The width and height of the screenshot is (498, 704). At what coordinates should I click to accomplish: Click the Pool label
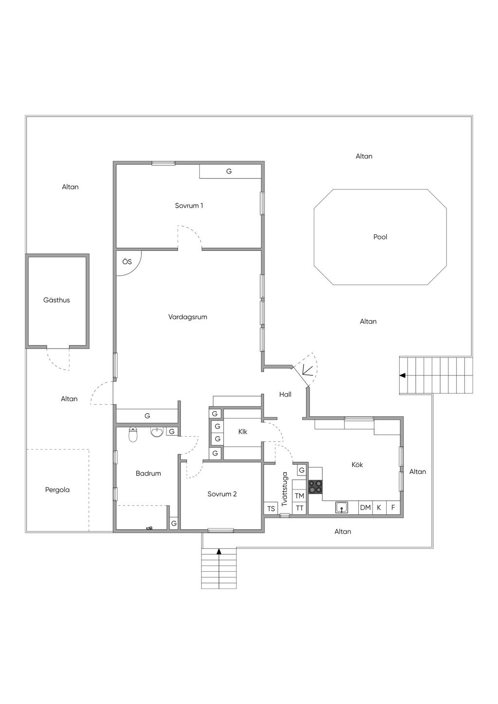pyautogui.click(x=380, y=237)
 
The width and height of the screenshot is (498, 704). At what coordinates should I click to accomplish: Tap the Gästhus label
pyautogui.click(x=56, y=300)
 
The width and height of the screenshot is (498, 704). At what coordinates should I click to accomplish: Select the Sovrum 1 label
pyautogui.click(x=189, y=206)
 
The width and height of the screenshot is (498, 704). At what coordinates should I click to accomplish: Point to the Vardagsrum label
pyautogui.click(x=188, y=317)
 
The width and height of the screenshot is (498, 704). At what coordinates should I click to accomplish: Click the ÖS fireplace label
pyautogui.click(x=127, y=262)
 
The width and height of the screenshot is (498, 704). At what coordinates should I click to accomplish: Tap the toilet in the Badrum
pyautogui.click(x=133, y=435)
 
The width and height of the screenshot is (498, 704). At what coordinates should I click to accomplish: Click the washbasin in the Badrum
pyautogui.click(x=157, y=432)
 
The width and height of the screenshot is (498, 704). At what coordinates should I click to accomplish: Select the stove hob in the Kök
pyautogui.click(x=315, y=487)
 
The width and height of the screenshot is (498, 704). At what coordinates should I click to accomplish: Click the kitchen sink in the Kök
pyautogui.click(x=341, y=508)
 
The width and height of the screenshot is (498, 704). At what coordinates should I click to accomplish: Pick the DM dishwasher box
pyautogui.click(x=365, y=508)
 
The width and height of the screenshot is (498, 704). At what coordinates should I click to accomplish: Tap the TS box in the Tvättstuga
pyautogui.click(x=271, y=509)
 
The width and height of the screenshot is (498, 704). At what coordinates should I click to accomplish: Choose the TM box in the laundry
pyautogui.click(x=299, y=495)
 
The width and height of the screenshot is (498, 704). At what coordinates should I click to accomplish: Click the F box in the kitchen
pyautogui.click(x=393, y=508)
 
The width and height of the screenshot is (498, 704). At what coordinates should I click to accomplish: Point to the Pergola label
pyautogui.click(x=57, y=490)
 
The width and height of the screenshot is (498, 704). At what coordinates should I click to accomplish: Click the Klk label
pyautogui.click(x=243, y=432)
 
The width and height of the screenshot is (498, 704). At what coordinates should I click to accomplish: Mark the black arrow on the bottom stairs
pyautogui.click(x=219, y=551)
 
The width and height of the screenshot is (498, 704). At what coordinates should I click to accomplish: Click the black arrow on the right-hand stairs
pyautogui.click(x=402, y=375)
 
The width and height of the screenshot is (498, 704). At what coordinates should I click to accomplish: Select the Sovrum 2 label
pyautogui.click(x=222, y=494)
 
